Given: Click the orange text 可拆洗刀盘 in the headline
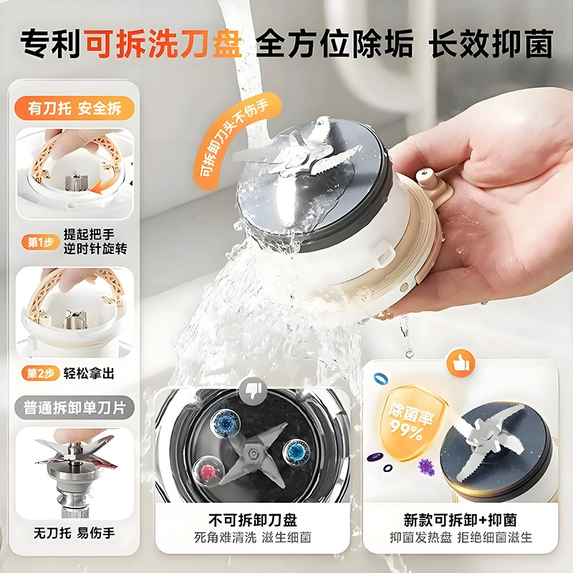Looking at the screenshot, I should (x=163, y=44).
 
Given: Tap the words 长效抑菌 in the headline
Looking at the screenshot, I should (x=491, y=44).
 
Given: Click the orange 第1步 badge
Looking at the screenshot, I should (x=37, y=242).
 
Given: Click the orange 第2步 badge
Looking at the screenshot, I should (x=37, y=374).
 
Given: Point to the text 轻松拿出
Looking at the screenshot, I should (x=88, y=374).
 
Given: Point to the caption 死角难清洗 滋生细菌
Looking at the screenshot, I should (x=251, y=537).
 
